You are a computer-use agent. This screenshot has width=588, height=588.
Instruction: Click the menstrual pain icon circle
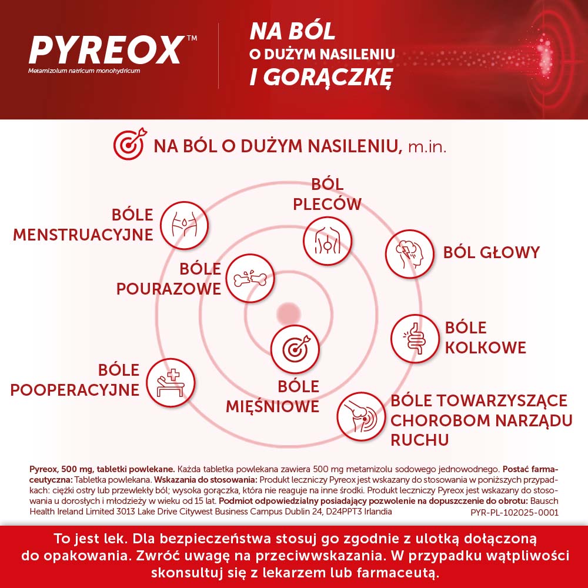(184, 225)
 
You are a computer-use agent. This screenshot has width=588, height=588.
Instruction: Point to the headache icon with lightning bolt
(409, 254)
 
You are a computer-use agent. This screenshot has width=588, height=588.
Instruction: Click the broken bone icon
(250, 279)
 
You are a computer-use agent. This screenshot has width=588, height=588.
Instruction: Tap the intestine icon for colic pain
(415, 339)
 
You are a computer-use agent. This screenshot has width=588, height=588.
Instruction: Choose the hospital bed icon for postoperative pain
(171, 383)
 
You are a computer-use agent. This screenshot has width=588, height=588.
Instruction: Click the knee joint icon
(361, 417)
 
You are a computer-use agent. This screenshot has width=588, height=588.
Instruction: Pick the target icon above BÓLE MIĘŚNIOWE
(295, 349)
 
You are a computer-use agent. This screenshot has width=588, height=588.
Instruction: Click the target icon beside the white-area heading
(130, 145)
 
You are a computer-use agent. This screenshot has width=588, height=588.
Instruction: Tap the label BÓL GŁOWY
(491, 252)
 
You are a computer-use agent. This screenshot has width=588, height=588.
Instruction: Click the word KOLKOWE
(485, 348)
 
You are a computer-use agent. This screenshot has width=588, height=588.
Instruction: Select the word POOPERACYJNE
(75, 390)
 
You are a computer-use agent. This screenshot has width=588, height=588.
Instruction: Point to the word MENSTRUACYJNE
(83, 235)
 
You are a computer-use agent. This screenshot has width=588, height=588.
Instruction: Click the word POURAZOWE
(169, 289)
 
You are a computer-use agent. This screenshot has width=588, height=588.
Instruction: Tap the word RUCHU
(420, 440)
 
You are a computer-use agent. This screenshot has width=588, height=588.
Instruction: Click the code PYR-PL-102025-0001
(514, 512)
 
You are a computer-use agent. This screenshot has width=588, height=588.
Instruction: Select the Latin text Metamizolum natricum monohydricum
(84, 71)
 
